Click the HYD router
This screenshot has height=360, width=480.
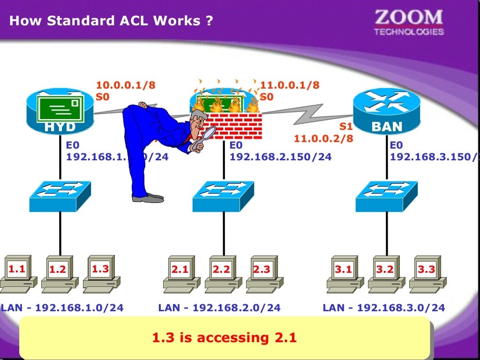60,112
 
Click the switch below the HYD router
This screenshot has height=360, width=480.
60,195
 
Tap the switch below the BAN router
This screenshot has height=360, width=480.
385,195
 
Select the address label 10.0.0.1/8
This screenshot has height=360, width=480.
126,85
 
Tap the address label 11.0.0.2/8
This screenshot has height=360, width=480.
323,139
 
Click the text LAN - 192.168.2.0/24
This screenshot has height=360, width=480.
219,308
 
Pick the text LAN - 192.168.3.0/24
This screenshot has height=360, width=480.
383,308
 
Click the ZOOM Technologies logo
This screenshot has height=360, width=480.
408,22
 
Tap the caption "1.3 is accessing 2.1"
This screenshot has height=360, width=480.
225,337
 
